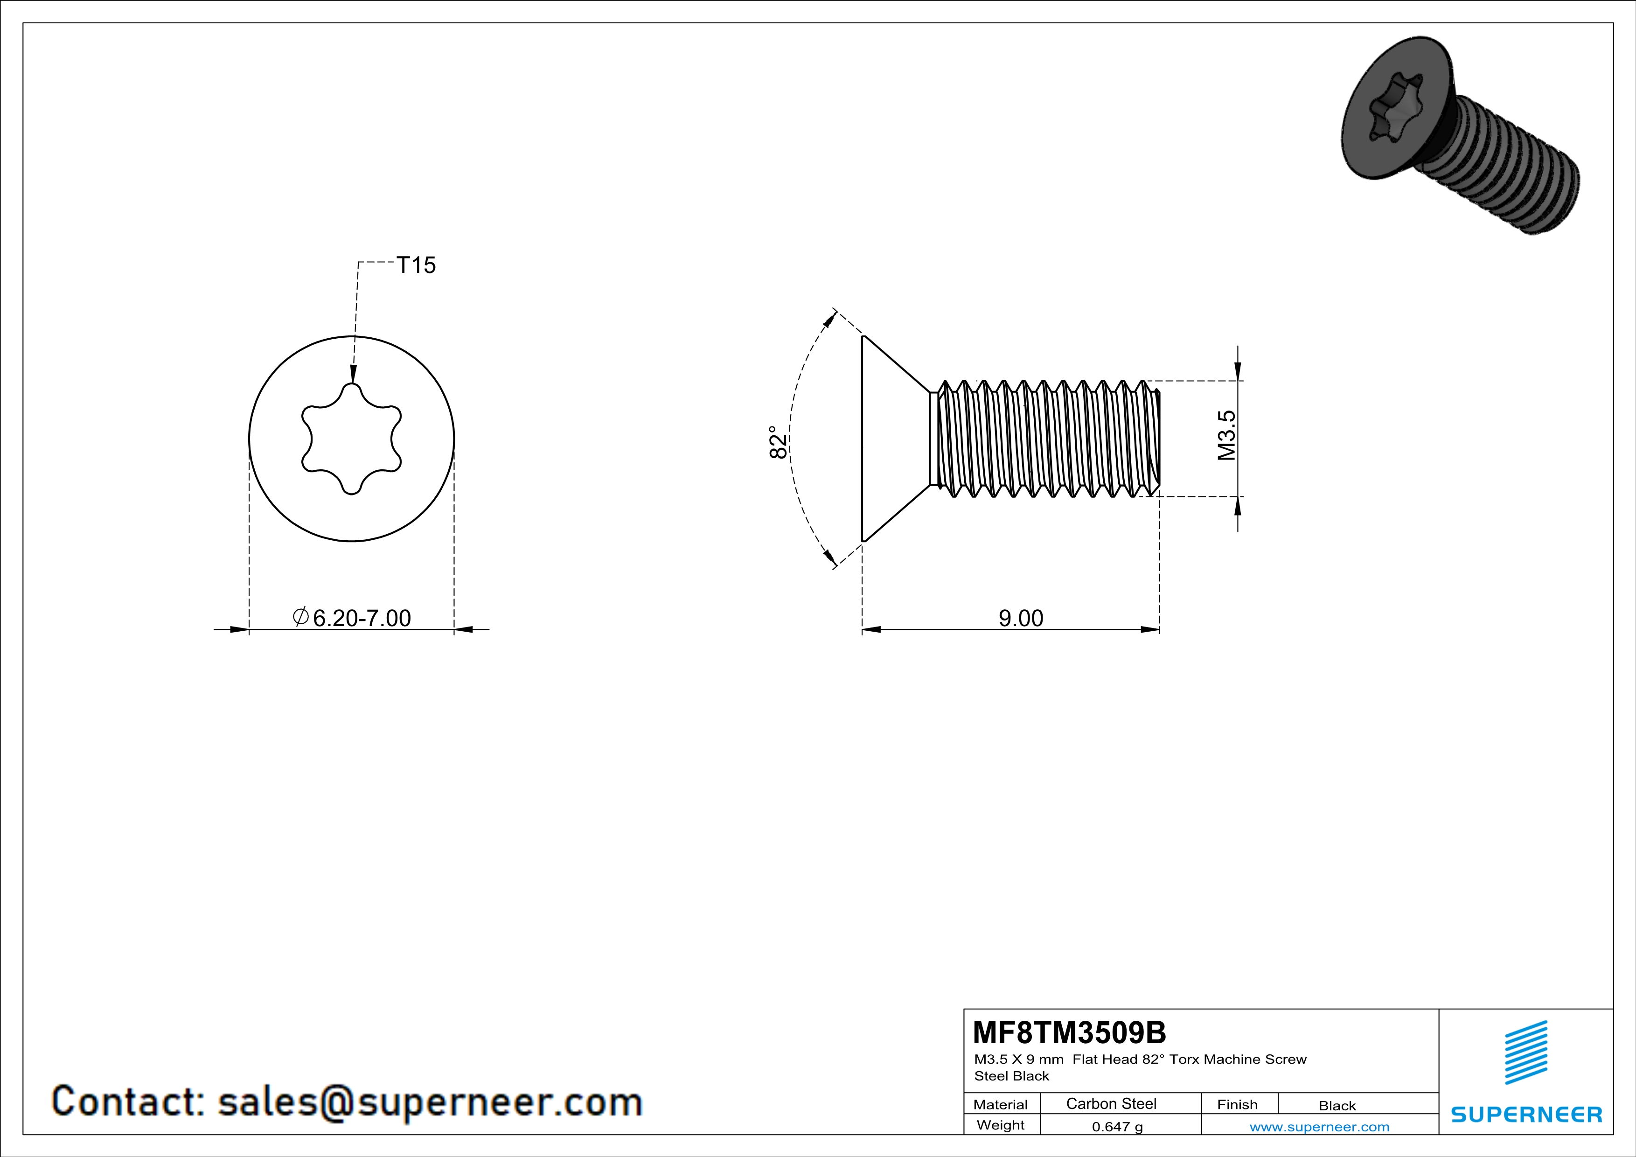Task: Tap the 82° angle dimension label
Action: pyautogui.click(x=779, y=442)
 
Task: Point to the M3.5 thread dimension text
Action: pyautogui.click(x=1226, y=435)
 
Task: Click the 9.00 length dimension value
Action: pyautogui.click(x=1020, y=618)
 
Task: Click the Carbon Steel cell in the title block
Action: pyautogui.click(x=1111, y=1103)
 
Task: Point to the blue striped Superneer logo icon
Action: pyautogui.click(x=1525, y=1052)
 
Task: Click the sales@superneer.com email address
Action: pyautogui.click(x=430, y=1101)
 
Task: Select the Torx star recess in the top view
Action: pyautogui.click(x=351, y=439)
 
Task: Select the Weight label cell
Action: pyautogui.click(x=1001, y=1125)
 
